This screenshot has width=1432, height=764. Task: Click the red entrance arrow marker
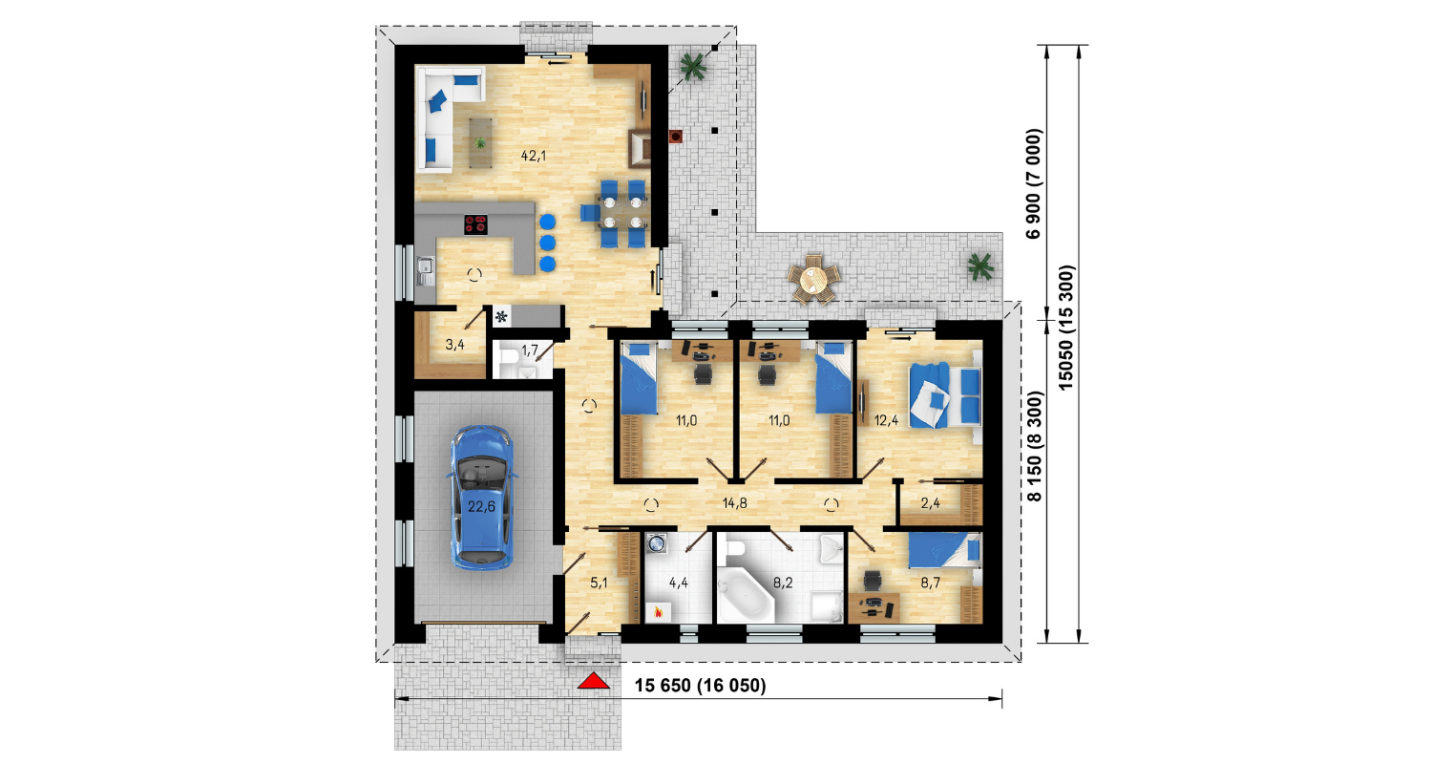click(593, 680)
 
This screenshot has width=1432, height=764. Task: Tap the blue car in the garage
click(482, 498)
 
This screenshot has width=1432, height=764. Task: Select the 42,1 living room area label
click(533, 156)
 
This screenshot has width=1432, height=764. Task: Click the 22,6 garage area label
click(481, 507)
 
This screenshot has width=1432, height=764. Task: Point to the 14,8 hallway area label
click(734, 503)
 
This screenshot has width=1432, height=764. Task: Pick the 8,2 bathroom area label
click(783, 583)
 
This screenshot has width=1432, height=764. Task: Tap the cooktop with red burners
click(475, 223)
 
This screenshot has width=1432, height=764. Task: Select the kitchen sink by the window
click(425, 271)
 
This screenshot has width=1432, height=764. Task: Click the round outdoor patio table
click(813, 280)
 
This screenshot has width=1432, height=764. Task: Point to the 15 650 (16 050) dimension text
click(700, 686)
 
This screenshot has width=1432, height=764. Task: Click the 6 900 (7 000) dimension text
click(1033, 183)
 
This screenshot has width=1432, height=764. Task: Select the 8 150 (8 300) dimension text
click(1034, 446)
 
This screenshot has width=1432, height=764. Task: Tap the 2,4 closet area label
click(930, 503)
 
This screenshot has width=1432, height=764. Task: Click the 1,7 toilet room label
click(529, 350)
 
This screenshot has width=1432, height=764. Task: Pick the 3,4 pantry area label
click(454, 345)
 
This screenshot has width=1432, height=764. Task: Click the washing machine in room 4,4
click(657, 544)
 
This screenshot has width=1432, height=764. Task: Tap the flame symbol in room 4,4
click(658, 613)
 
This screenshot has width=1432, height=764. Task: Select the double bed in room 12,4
click(945, 394)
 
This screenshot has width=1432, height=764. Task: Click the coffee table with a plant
click(481, 142)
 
